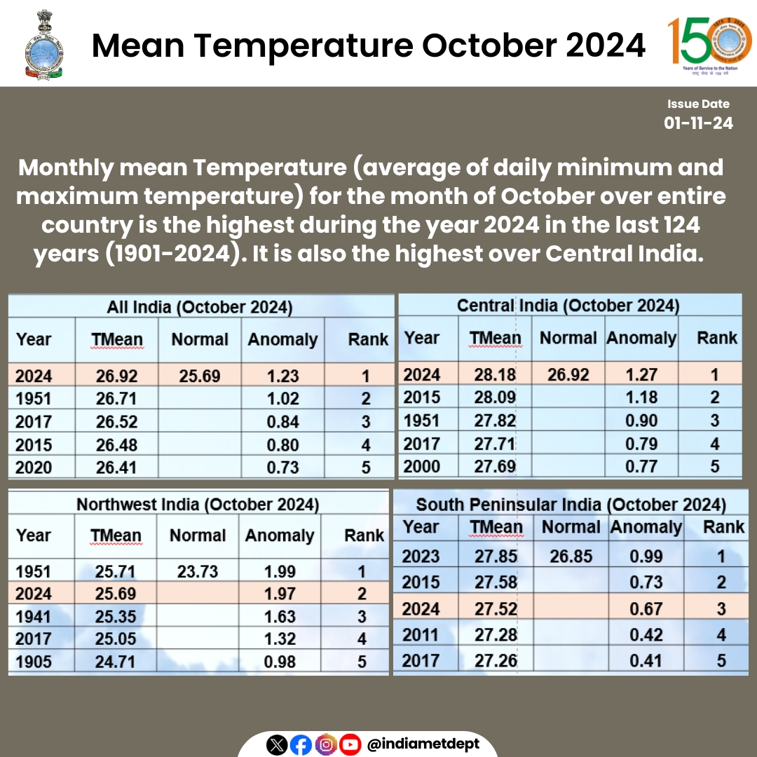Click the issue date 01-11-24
pyautogui.click(x=698, y=123)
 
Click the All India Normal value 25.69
pyautogui.click(x=199, y=376)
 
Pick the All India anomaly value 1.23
pyautogui.click(x=282, y=376)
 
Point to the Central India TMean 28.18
pyautogui.click(x=496, y=374)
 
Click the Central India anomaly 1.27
pyautogui.click(x=641, y=374)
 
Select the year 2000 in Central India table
pyautogui.click(x=422, y=466)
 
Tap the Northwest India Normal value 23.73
pyautogui.click(x=197, y=571)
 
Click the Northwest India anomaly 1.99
pyautogui.click(x=281, y=571)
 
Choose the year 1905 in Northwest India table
pyautogui.click(x=34, y=661)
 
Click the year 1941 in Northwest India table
pyautogui.click(x=34, y=617)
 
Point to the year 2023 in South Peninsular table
pyautogui.click(x=421, y=557)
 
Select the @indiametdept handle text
pyautogui.click(x=423, y=744)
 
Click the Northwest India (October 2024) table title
pyautogui.click(x=198, y=505)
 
